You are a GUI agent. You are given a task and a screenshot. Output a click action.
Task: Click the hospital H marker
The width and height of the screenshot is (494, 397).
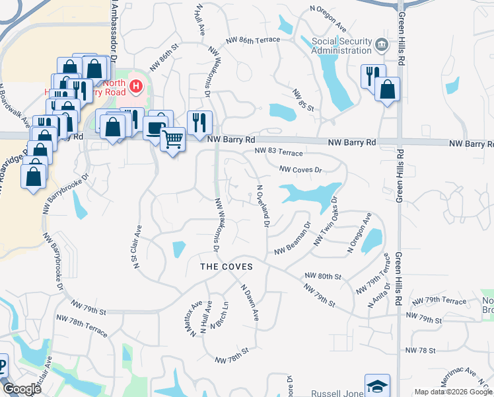click(136, 86)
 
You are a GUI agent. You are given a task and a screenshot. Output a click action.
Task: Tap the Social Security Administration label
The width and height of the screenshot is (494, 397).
click(341, 46)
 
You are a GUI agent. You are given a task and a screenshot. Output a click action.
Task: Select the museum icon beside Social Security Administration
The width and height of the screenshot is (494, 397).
click(381, 45)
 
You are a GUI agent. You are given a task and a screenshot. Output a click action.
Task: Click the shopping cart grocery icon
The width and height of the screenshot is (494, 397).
click(172, 139)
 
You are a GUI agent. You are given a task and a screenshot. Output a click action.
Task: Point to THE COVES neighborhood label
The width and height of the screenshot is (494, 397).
click(227, 265)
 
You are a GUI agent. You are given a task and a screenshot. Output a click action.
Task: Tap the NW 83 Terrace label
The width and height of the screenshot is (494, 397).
click(279, 152)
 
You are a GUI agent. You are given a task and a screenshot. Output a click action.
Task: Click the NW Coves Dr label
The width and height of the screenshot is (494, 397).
click(300, 169)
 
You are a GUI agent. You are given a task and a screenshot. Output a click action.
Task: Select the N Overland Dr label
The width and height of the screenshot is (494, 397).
click(263, 205)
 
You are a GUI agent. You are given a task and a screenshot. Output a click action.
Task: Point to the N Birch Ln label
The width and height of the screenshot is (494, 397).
click(219, 316)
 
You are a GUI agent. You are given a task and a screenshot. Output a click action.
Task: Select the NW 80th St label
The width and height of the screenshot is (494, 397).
click(323, 275)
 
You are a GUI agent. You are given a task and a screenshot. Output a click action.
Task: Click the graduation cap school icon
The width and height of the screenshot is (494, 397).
click(377, 386)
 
